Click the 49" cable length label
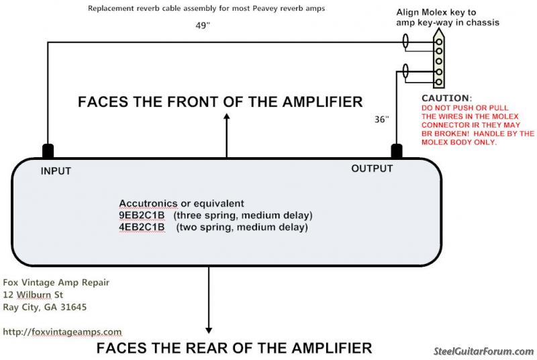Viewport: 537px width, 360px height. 203,26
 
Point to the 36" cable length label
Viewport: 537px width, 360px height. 381,119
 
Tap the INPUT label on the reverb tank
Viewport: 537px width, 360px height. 56,171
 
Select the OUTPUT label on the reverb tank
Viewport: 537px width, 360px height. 372,169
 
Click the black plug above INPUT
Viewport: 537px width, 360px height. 48,151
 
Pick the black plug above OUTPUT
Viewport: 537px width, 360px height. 397,151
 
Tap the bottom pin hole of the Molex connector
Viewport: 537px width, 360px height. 439,82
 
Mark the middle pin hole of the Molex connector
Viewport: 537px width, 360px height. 439,62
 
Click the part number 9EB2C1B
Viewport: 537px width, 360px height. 142,216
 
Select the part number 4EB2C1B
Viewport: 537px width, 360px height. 142,227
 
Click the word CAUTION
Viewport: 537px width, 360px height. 445,98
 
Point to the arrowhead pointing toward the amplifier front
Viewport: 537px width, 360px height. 226,116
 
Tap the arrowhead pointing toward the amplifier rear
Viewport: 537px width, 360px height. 209,330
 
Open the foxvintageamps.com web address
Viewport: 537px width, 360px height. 62,332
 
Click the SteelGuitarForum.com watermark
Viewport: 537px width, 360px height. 484,351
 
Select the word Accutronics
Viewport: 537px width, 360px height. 148,204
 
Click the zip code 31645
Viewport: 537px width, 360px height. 73,307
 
